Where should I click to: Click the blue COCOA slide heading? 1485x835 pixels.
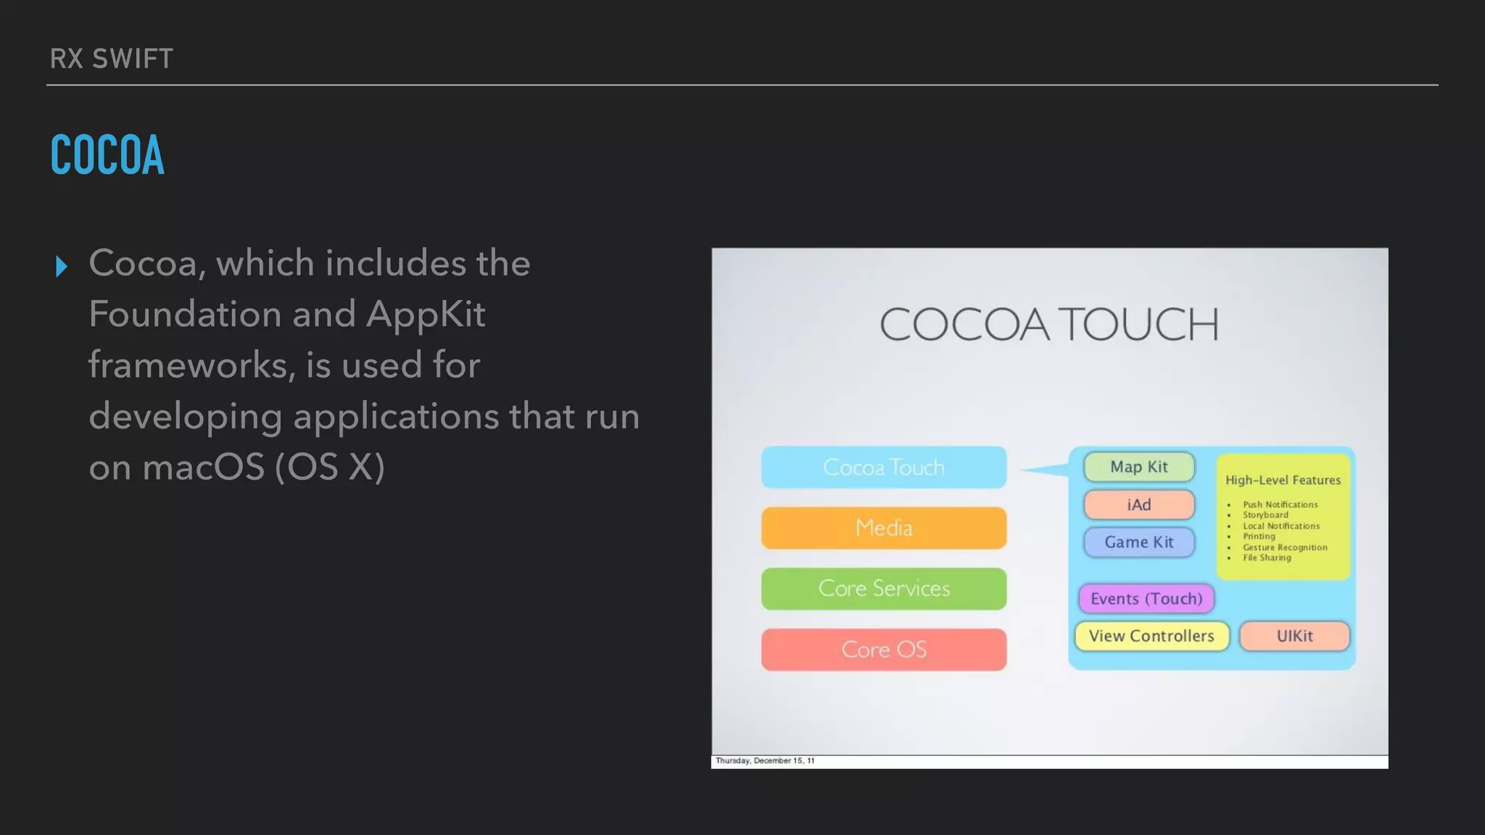click(x=107, y=155)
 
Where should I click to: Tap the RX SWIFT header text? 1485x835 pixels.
click(x=112, y=59)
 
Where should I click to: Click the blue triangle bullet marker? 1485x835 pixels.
click(x=62, y=267)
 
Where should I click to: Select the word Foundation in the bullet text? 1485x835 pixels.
click(x=185, y=315)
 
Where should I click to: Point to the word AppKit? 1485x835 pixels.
click(x=426, y=315)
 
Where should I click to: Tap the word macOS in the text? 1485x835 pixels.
click(x=204, y=468)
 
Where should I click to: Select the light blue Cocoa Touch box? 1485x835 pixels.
click(x=883, y=468)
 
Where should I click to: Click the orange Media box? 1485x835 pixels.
click(x=883, y=528)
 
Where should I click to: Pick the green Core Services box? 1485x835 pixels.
click(x=883, y=589)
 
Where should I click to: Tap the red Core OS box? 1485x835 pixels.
click(x=883, y=649)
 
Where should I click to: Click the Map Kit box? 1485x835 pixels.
click(x=1138, y=468)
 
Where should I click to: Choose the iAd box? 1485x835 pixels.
click(x=1138, y=504)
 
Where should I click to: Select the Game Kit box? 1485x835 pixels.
click(x=1138, y=542)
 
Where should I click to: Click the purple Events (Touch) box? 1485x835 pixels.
click(x=1146, y=599)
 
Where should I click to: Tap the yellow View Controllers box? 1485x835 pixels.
click(x=1151, y=636)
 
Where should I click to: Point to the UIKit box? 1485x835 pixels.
click(x=1294, y=636)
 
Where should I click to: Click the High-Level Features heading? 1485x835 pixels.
click(x=1283, y=480)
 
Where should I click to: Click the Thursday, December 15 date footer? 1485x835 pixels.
click(x=765, y=761)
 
